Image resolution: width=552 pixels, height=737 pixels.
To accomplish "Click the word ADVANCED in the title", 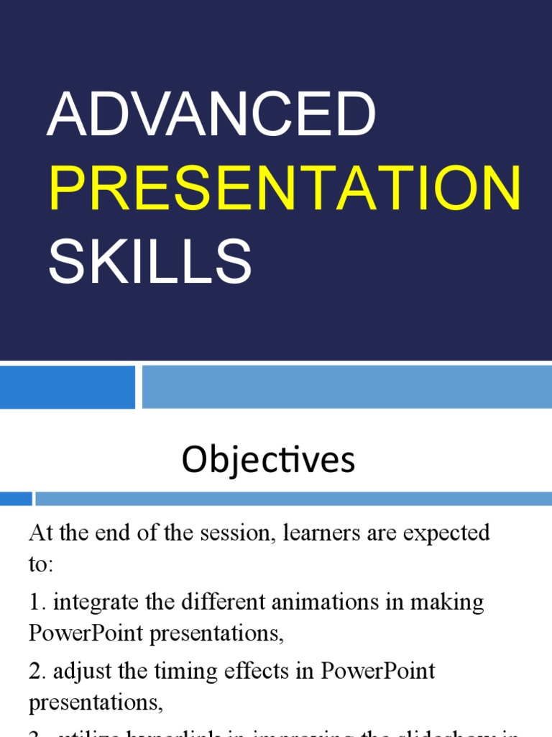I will click(211, 115).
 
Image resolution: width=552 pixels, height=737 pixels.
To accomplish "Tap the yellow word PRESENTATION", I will click(285, 189).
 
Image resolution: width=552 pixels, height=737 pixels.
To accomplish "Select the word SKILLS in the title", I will click(149, 262).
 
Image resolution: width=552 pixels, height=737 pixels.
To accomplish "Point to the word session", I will click(240, 533).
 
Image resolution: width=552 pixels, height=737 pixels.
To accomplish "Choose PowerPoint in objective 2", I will click(378, 671).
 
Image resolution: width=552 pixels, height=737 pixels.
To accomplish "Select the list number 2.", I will click(36, 671).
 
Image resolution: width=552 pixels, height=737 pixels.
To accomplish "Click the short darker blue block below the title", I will click(67, 386).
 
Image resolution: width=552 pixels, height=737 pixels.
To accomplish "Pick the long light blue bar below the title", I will click(346, 386).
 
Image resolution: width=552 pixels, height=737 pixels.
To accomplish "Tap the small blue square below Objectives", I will click(16, 499).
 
